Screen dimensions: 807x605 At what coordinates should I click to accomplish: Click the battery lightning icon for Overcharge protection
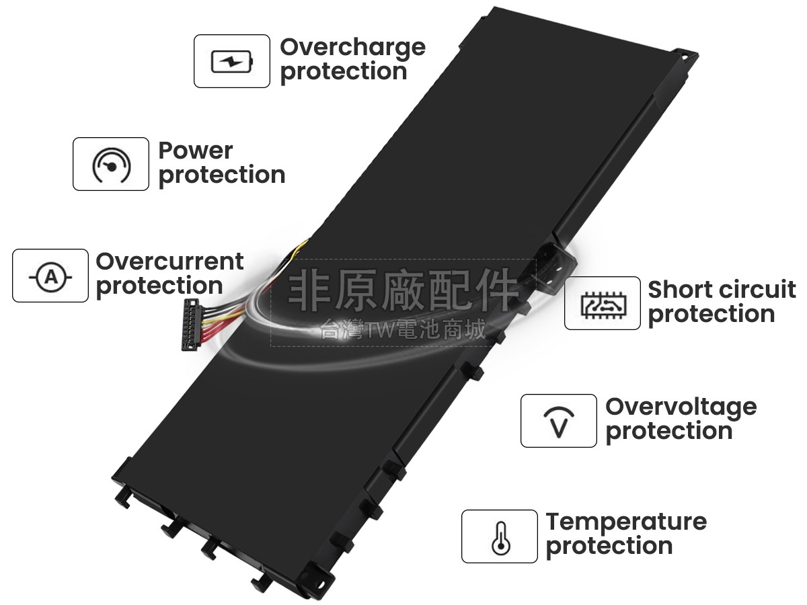point(232,61)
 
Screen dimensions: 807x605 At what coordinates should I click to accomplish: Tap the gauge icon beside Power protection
point(111,165)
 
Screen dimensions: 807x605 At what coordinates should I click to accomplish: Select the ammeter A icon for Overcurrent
point(50,276)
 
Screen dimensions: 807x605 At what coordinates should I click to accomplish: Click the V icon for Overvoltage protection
point(559,421)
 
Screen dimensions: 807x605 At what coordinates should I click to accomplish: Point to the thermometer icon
point(501,538)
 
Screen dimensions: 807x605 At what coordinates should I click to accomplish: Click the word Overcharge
point(352,48)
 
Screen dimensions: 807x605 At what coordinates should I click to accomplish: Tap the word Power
point(196,151)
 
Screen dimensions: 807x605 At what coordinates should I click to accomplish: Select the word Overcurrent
point(169,261)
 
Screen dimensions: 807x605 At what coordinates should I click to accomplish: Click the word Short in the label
point(675,290)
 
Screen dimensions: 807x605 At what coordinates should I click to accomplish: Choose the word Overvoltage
point(681,408)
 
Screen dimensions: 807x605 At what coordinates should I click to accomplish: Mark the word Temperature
point(626,523)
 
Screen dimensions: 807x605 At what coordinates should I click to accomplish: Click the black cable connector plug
point(190,325)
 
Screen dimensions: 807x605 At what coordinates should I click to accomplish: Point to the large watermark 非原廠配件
point(403,290)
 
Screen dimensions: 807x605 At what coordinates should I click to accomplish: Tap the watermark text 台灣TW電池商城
point(403,329)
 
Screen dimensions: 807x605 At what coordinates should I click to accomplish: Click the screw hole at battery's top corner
point(684,57)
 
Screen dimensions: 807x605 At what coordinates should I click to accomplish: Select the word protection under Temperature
point(609,547)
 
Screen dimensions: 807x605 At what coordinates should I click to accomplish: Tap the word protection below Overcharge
point(344,73)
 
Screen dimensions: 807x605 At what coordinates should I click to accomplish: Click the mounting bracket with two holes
point(553,266)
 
